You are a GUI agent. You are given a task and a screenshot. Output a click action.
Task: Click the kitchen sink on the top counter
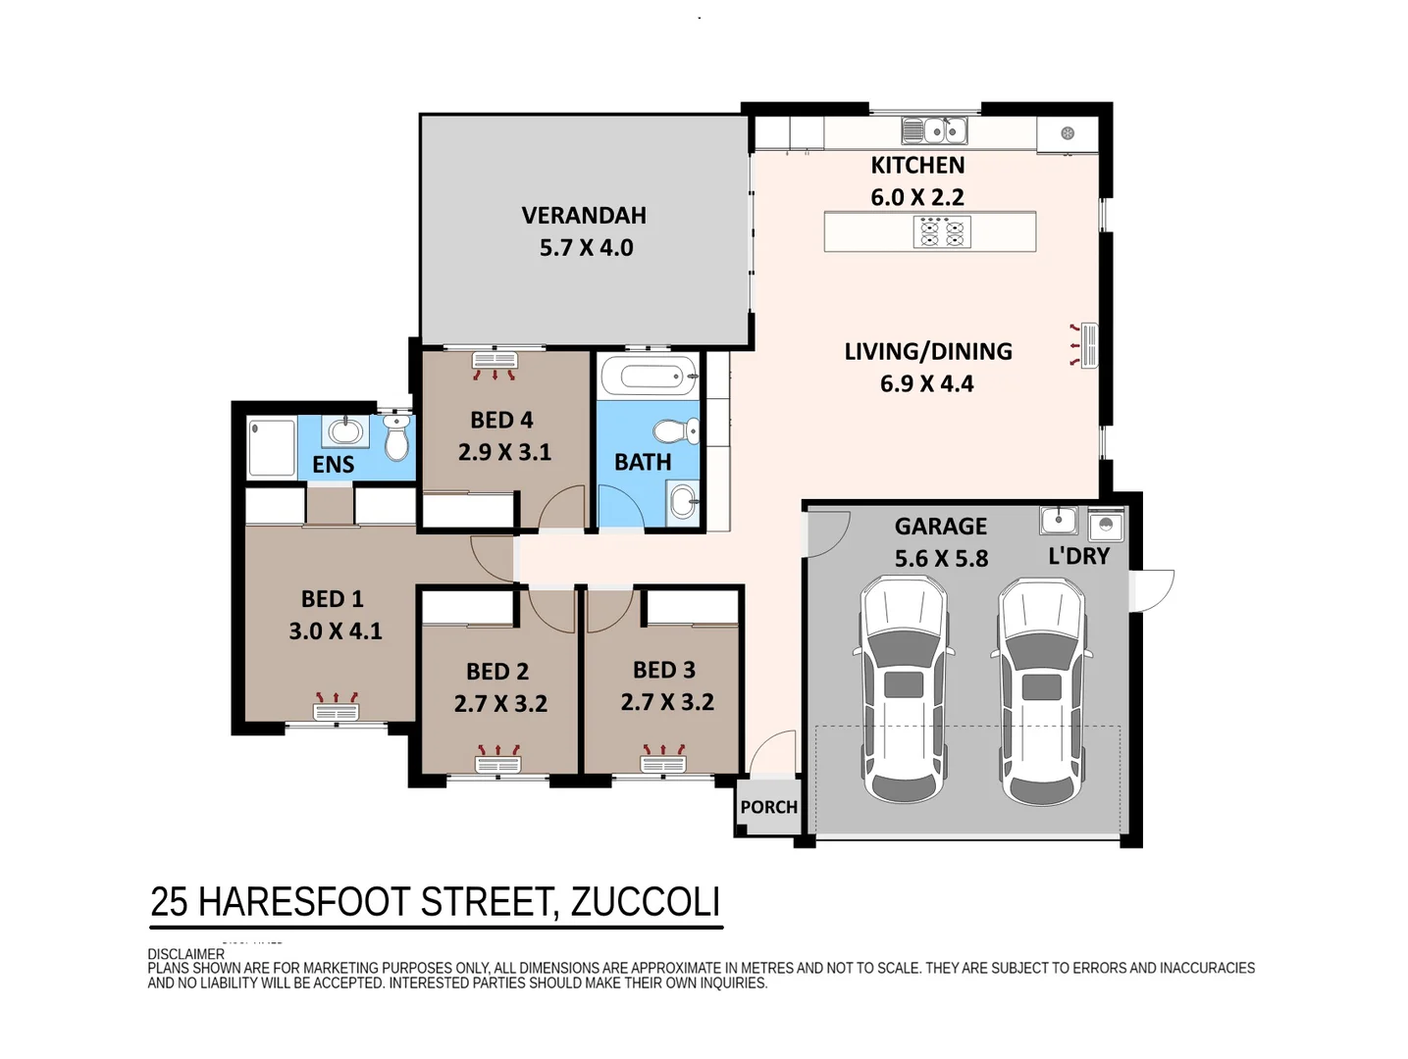(x=934, y=130)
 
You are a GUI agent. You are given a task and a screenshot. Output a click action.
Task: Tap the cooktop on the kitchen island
(x=942, y=231)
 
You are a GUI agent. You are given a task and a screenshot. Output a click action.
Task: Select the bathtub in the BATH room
(x=650, y=375)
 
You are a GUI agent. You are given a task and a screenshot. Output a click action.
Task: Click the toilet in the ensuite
(x=396, y=436)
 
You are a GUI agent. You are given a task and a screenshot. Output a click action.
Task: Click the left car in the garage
(x=903, y=690)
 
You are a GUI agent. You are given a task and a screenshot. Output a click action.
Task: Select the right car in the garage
(x=1042, y=692)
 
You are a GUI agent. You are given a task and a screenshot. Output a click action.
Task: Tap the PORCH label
(x=768, y=807)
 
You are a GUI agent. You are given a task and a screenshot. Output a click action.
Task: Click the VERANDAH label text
(x=584, y=216)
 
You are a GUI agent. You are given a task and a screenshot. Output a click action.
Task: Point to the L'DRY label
(x=1078, y=556)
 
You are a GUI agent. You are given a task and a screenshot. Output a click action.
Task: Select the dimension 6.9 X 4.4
(x=927, y=383)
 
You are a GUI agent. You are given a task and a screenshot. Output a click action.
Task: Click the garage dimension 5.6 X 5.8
(x=941, y=558)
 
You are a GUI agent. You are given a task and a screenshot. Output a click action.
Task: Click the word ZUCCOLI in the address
(x=645, y=902)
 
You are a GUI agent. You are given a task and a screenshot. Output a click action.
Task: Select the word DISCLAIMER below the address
(x=186, y=954)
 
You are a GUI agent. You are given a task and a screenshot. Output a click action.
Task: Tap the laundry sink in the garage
(x=1059, y=520)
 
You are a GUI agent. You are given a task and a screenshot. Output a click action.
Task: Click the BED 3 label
(x=664, y=670)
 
